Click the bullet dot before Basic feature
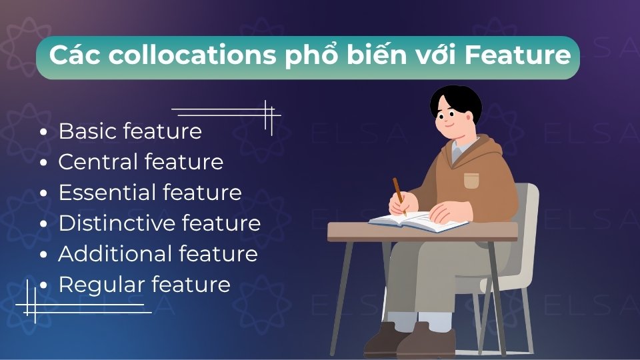coord(44,132)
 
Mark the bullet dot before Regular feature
coord(44,285)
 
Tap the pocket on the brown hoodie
coord(471,179)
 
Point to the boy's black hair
coord(455,100)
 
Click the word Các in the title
coord(73,56)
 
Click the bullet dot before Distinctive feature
coord(44,224)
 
